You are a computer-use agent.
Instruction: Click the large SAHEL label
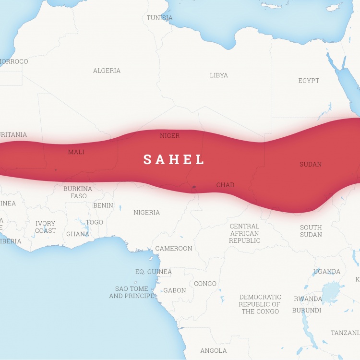[174, 159]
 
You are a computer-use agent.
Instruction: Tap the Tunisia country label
[159, 18]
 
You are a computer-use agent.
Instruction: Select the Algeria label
[107, 71]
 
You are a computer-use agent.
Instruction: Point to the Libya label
[219, 75]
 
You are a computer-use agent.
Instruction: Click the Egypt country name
[309, 81]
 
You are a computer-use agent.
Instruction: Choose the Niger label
[169, 136]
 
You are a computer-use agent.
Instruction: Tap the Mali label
[76, 152]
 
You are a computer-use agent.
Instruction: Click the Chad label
[225, 185]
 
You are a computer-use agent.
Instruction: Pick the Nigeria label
[146, 212]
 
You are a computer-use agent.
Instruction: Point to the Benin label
[103, 205]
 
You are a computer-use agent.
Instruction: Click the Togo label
[94, 222]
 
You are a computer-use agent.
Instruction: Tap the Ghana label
[77, 234]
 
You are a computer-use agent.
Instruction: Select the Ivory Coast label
[45, 227]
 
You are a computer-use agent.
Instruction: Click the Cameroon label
[173, 248]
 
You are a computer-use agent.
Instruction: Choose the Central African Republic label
[244, 233]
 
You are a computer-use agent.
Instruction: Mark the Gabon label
[175, 290]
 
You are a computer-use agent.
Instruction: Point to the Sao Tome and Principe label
[132, 292]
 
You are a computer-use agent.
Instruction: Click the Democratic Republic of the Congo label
[260, 304]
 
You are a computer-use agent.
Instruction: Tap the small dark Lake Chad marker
[194, 187]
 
